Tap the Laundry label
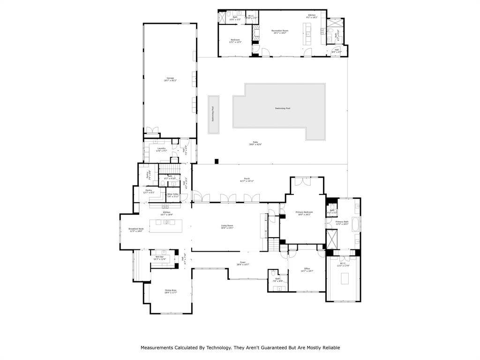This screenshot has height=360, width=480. (x=162, y=150)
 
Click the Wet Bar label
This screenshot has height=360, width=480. (x=159, y=258)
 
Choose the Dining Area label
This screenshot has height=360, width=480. (x=170, y=291)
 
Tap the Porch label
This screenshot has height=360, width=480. (x=247, y=180)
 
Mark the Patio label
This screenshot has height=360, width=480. (x=255, y=143)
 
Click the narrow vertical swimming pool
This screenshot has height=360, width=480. (x=213, y=115)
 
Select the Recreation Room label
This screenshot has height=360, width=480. (x=280, y=32)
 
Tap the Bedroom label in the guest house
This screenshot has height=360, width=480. (x=235, y=41)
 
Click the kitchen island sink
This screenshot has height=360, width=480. (x=166, y=222)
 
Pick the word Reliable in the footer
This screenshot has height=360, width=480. (x=330, y=348)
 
